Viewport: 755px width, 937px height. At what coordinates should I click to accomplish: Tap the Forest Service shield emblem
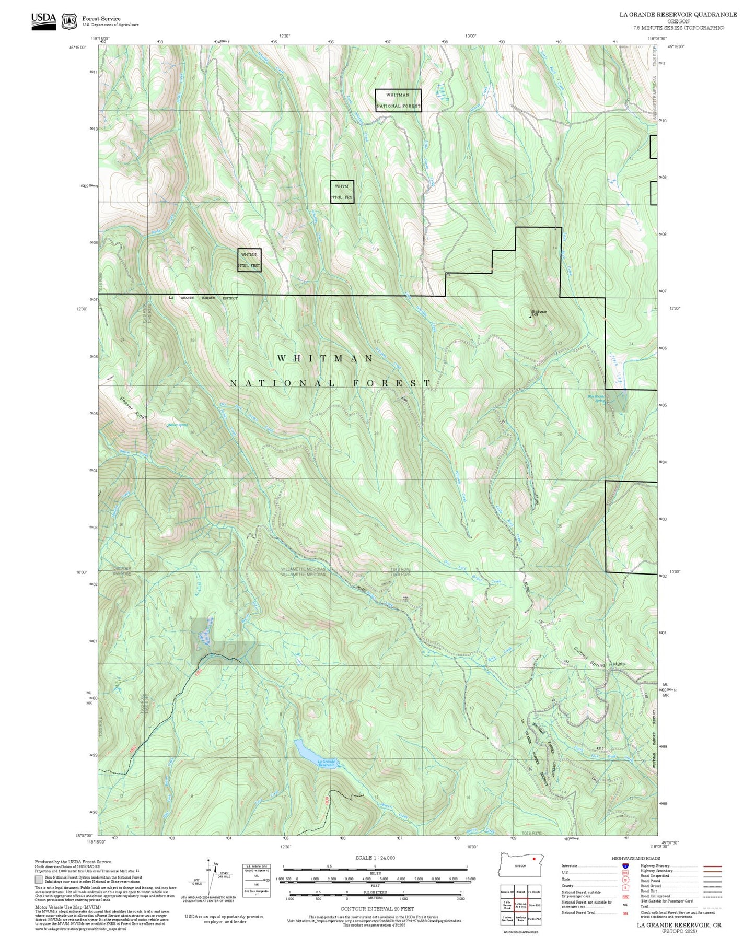[x=69, y=21]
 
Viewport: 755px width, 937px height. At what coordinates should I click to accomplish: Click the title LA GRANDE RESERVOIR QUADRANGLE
[x=678, y=15]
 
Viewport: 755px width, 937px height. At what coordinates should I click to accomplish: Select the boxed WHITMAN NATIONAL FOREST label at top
[x=398, y=100]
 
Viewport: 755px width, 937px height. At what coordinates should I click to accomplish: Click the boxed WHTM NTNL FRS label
[x=342, y=192]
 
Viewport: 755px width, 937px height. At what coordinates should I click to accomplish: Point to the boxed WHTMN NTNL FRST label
[x=249, y=260]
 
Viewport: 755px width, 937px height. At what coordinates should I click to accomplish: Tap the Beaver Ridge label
[x=133, y=408]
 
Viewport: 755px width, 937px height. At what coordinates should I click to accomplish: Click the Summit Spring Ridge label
[x=599, y=658]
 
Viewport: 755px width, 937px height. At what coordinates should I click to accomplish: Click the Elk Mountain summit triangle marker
[x=531, y=316]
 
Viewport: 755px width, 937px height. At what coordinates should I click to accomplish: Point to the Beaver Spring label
[x=178, y=425]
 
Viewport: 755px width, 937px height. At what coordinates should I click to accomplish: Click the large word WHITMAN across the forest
[x=324, y=358]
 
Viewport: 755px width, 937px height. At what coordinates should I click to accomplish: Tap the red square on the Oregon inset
[x=534, y=858]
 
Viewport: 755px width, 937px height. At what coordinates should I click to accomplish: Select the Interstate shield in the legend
[x=625, y=866]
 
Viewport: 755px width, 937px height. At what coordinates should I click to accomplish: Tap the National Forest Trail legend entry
[x=578, y=912]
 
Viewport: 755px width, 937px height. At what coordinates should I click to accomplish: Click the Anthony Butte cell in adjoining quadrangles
[x=520, y=918]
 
